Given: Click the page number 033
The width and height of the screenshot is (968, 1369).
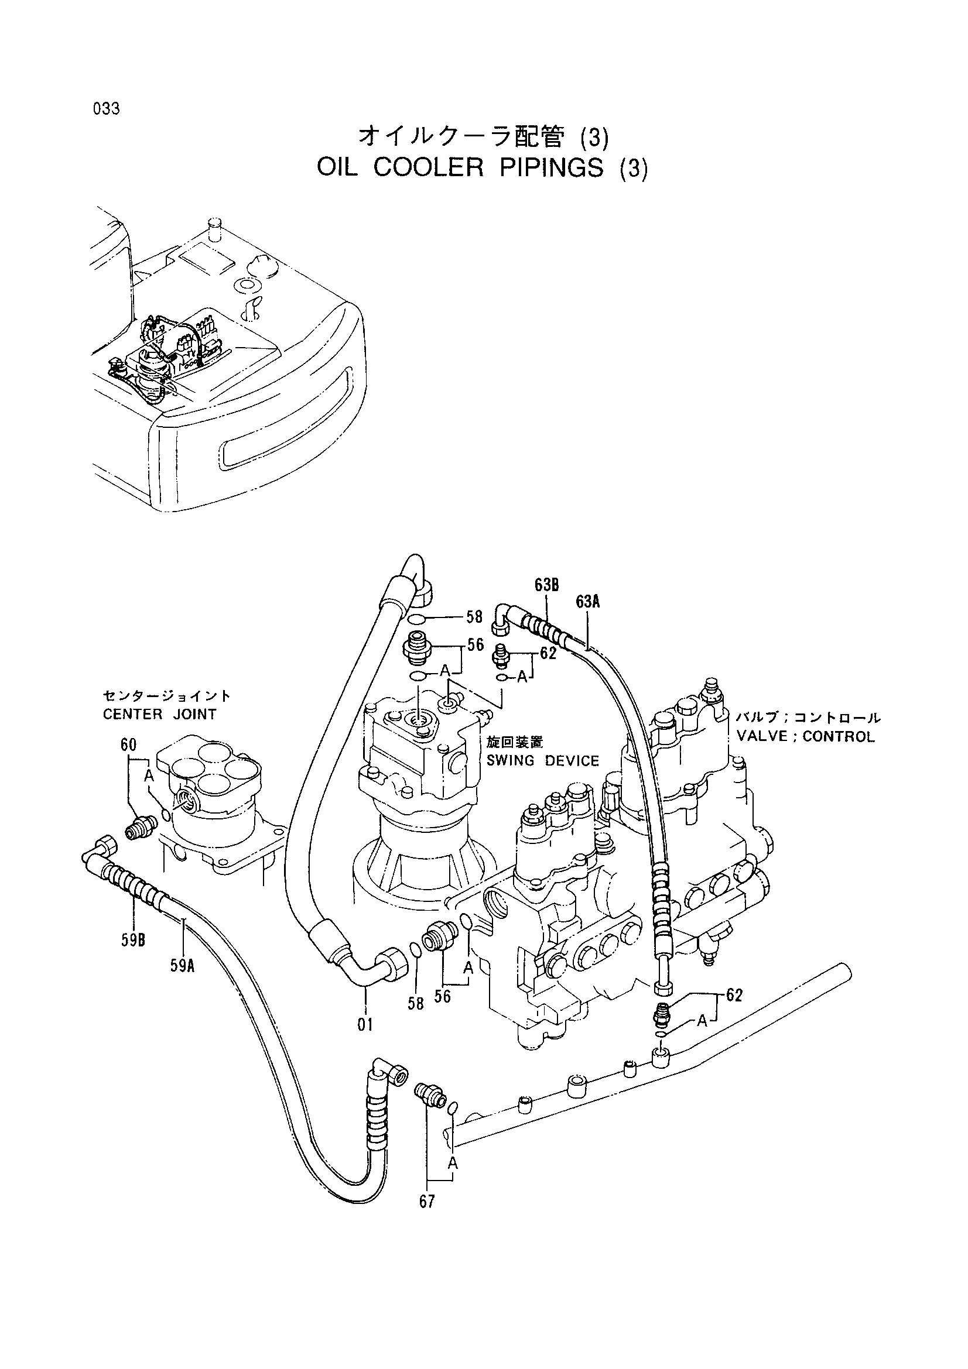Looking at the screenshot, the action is click(x=106, y=109).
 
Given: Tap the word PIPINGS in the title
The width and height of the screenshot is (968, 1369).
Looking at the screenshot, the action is click(x=551, y=168).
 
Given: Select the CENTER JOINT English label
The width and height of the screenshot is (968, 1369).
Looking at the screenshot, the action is click(x=159, y=714).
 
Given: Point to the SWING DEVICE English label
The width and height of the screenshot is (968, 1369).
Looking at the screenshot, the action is click(x=543, y=761).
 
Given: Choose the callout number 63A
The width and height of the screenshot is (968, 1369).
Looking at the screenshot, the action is click(x=587, y=602).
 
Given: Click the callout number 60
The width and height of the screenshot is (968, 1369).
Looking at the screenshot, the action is click(x=128, y=744).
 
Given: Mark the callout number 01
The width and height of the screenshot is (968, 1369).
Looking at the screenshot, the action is click(x=365, y=1025).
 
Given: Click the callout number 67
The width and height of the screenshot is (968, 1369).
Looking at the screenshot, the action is click(x=427, y=1202).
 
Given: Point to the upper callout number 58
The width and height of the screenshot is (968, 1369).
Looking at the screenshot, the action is click(x=474, y=616).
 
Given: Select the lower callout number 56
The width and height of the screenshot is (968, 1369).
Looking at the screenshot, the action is click(x=442, y=996).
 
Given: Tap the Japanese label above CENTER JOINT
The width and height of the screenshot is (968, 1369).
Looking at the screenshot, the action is click(x=166, y=696).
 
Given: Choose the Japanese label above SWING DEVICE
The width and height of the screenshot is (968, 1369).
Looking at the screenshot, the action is click(x=507, y=742).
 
